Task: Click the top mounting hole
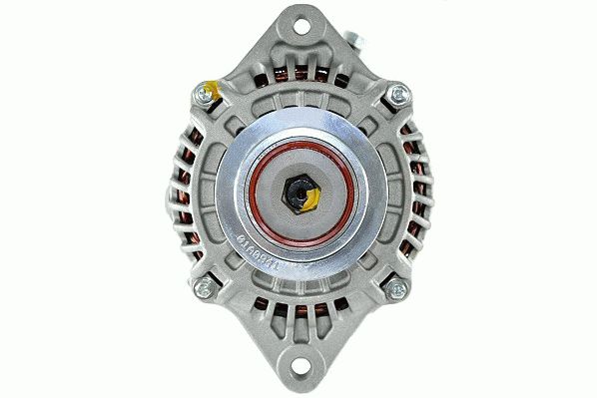click(x=298, y=22)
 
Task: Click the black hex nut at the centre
click(x=299, y=193)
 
